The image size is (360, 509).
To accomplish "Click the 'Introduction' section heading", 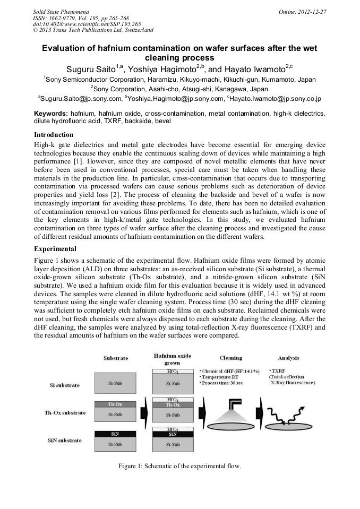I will coord(54,135).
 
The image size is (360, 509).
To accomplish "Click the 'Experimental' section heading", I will coord(55,249).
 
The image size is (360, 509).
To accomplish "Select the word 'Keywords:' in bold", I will coord(51,114).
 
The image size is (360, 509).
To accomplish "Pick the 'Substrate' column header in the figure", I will coord(115,358).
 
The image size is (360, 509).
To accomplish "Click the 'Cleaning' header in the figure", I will coord(231,358).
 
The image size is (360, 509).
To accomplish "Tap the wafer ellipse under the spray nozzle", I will coord(230,426).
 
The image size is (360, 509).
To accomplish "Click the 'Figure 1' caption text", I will coord(179,466).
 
